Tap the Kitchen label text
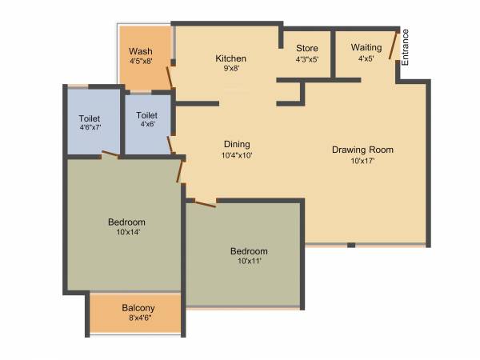tap(230, 58)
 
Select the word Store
tap(307, 48)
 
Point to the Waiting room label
tap(366, 47)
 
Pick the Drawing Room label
tap(362, 150)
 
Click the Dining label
tap(238, 145)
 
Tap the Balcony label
tap(138, 308)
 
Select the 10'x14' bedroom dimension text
tap(126, 233)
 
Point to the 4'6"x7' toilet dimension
tap(89, 127)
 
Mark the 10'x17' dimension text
tap(362, 161)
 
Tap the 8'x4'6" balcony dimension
tap(138, 318)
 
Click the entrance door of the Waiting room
tap(393, 46)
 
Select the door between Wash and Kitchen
tap(169, 77)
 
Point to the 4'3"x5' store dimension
tap(307, 58)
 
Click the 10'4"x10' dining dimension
tap(238, 155)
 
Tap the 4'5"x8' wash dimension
tap(141, 61)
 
